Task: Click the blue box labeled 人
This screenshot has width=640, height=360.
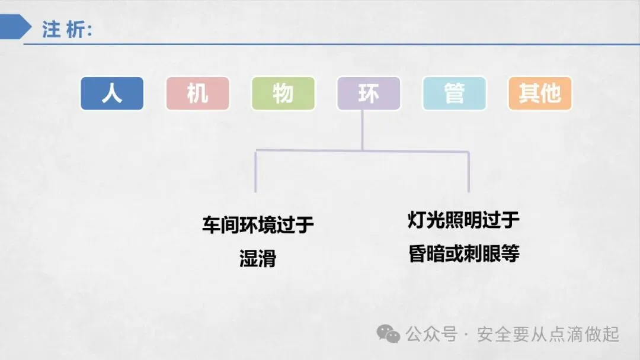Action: [112, 94]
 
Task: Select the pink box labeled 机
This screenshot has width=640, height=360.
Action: [197, 94]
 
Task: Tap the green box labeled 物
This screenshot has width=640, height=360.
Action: [283, 94]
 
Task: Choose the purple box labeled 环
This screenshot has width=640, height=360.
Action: [368, 94]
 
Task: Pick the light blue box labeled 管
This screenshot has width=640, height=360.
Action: [454, 94]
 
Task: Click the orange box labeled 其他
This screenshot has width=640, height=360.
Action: [539, 94]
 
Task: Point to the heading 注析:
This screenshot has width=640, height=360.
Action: [67, 29]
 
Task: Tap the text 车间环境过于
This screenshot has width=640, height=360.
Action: [258, 226]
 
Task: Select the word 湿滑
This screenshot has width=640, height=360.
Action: [258, 258]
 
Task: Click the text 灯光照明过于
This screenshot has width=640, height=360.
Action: [463, 220]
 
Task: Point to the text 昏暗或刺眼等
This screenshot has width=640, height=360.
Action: [463, 254]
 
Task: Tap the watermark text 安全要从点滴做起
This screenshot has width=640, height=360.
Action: [548, 335]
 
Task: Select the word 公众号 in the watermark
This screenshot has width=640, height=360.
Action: [431, 335]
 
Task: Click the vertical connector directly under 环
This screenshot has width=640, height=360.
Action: [362, 130]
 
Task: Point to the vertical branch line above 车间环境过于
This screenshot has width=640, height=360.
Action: [255, 172]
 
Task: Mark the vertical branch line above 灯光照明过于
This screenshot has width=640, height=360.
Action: [469, 172]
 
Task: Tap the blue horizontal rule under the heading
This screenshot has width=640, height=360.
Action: [332, 44]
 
